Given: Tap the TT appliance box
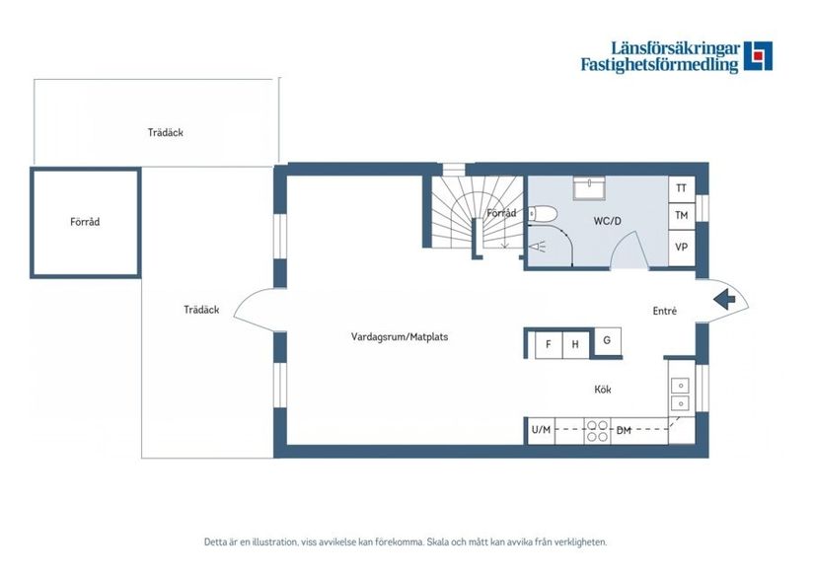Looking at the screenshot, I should click(x=681, y=187).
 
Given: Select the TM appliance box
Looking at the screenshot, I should click(x=681, y=215).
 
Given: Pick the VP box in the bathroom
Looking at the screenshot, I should click(x=681, y=248).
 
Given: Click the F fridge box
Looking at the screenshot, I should click(x=548, y=344).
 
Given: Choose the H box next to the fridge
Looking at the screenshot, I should click(x=575, y=344).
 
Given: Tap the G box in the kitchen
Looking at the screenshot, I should click(x=607, y=340).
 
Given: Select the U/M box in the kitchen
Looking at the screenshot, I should click(x=541, y=430).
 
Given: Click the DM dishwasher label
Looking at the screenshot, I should click(x=624, y=430).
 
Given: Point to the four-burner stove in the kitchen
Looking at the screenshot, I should click(x=597, y=430).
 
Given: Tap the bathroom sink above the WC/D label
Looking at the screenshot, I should click(x=594, y=187).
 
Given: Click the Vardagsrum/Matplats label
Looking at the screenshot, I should click(x=400, y=336).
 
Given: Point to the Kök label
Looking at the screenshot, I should click(x=603, y=390).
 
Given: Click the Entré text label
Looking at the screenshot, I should click(x=664, y=312).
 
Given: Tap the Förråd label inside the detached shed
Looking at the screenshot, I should click(x=85, y=222).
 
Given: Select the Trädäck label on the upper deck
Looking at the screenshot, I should click(x=166, y=132).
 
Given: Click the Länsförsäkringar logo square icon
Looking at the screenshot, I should click(x=758, y=56).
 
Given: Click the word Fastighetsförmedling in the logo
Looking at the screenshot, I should click(x=659, y=66).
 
